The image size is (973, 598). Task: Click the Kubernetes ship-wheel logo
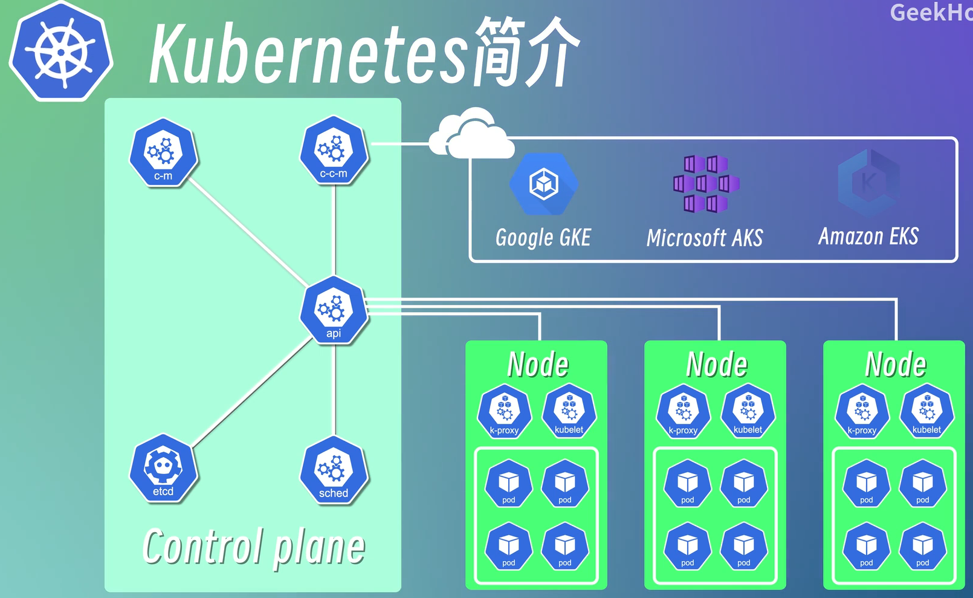point(61,52)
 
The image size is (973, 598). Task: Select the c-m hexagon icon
point(163,152)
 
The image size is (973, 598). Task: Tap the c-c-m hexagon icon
point(334,150)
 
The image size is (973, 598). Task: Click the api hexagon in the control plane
point(334,310)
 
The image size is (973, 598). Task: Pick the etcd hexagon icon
point(163,467)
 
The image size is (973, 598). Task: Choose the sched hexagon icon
point(334,470)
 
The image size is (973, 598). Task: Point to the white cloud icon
point(471,134)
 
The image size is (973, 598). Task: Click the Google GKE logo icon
point(544,184)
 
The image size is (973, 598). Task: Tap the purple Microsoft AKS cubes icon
point(706,184)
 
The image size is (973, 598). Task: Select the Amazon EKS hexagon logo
point(868,183)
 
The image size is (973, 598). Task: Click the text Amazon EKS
point(868,236)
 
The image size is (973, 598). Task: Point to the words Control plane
point(254,547)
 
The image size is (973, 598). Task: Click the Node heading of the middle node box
point(717,365)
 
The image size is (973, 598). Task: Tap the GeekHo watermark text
point(931,12)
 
